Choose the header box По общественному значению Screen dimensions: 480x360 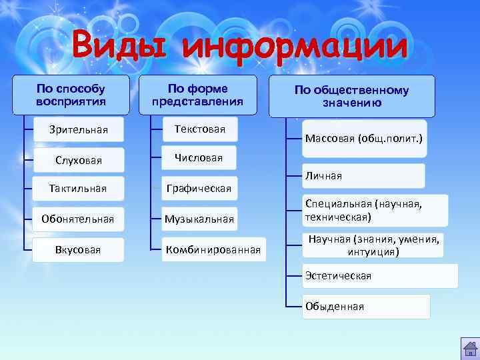tap(352, 97)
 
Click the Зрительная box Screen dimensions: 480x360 tap(79, 129)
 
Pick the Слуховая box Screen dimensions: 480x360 tap(79, 160)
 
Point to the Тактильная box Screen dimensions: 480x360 tap(79, 189)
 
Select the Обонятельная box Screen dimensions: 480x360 tap(79, 219)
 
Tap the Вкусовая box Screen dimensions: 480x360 tap(79, 250)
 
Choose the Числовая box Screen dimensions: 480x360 tap(199, 158)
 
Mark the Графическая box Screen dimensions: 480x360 tap(199, 189)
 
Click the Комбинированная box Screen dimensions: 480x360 tap(213, 250)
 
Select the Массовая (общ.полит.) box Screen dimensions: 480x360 tap(363, 139)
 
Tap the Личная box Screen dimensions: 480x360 tap(363, 176)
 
